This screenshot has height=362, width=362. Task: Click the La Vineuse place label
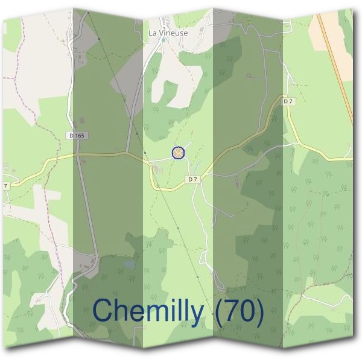pyautogui.click(x=168, y=33)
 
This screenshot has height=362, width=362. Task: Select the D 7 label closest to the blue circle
pyautogui.click(x=192, y=179)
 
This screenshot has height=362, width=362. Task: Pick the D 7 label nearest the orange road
pyautogui.click(x=288, y=101)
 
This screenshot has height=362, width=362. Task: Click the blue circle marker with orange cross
pyautogui.click(x=178, y=153)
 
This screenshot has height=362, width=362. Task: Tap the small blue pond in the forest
pyautogui.click(x=163, y=40)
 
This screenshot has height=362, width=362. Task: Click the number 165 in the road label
pyautogui.click(x=81, y=136)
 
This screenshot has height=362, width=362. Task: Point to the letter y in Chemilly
pyautogui.click(x=195, y=314)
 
